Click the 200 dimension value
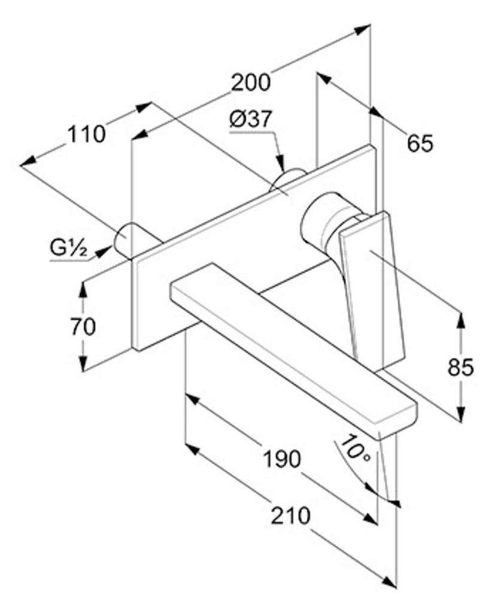(251, 83)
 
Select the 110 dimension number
(87, 134)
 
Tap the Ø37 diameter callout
(251, 119)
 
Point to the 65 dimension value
(420, 143)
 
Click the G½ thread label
(68, 247)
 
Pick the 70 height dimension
(83, 327)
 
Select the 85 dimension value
(461, 368)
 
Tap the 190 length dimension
(282, 459)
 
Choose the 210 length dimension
(291, 515)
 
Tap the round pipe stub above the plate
(288, 180)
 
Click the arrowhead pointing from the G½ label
(102, 251)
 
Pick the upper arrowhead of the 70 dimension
(83, 289)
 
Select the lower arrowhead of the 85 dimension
(461, 414)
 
